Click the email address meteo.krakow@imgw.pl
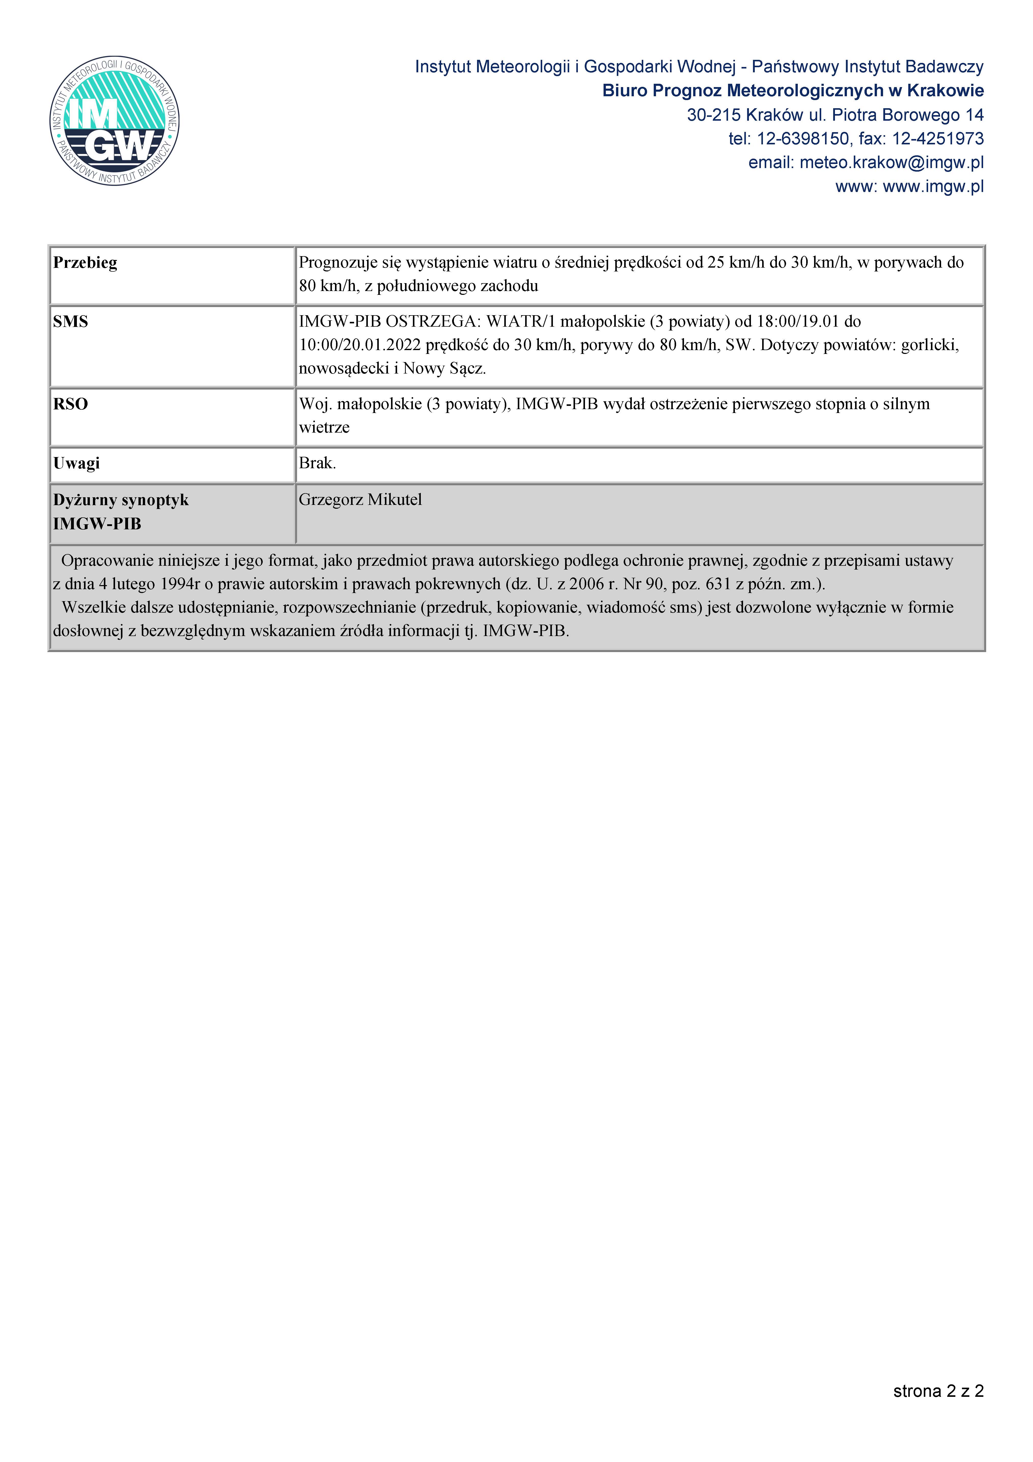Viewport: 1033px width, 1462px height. (891, 162)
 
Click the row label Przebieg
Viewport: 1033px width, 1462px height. (85, 263)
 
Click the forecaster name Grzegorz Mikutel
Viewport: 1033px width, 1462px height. (360, 500)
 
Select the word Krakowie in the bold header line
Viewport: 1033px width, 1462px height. (945, 91)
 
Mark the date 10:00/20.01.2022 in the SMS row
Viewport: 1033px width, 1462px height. (360, 345)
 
